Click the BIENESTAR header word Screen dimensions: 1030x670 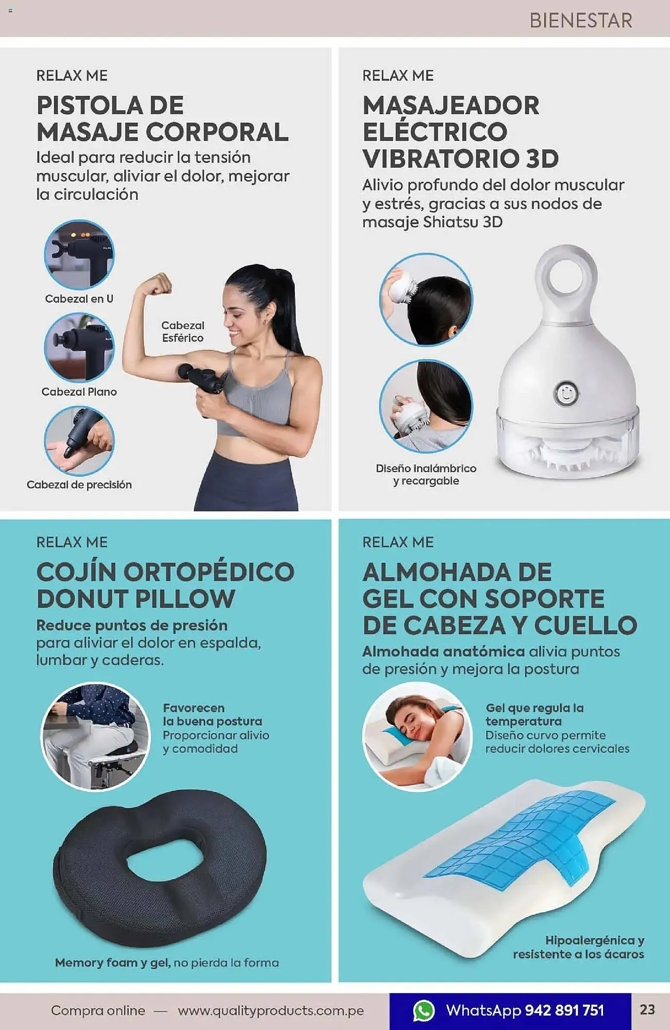tap(581, 21)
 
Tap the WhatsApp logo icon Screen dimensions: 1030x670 tap(424, 1010)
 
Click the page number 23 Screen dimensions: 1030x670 tap(647, 1009)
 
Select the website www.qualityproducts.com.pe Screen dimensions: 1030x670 tap(271, 1010)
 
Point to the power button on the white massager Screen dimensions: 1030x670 tap(565, 393)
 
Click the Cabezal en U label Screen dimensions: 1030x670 tap(79, 299)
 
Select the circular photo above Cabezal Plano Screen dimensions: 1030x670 tap(79, 347)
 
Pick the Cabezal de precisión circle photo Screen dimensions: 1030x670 tap(79, 441)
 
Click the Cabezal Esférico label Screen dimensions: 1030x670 tap(183, 332)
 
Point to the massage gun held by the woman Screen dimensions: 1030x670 tap(201, 379)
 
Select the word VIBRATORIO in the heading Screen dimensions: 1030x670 tap(441, 159)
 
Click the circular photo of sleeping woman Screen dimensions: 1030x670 tap(417, 736)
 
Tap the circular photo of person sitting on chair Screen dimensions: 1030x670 tap(95, 736)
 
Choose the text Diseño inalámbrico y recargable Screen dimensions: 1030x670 tap(426, 474)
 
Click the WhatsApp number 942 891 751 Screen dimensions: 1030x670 tap(564, 1010)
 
